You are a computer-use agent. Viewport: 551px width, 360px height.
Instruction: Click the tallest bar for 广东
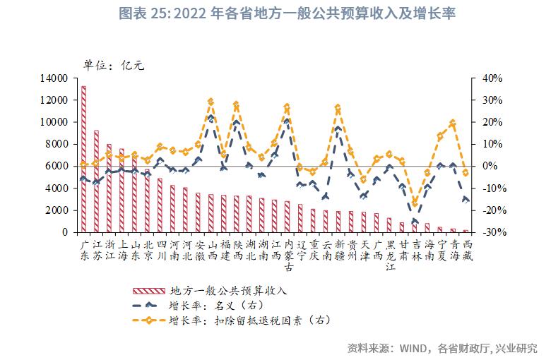pos(83,160)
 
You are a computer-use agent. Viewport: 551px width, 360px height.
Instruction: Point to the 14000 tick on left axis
pos(58,78)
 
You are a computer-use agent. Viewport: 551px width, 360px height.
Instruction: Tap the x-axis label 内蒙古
pos(287,256)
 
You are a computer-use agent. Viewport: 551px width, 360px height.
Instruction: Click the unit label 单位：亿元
pos(114,65)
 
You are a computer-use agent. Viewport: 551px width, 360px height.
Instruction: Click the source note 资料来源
pos(442,348)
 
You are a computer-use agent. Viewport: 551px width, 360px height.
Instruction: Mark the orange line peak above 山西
pos(211,102)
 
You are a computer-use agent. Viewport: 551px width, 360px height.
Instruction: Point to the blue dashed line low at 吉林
pos(415,219)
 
